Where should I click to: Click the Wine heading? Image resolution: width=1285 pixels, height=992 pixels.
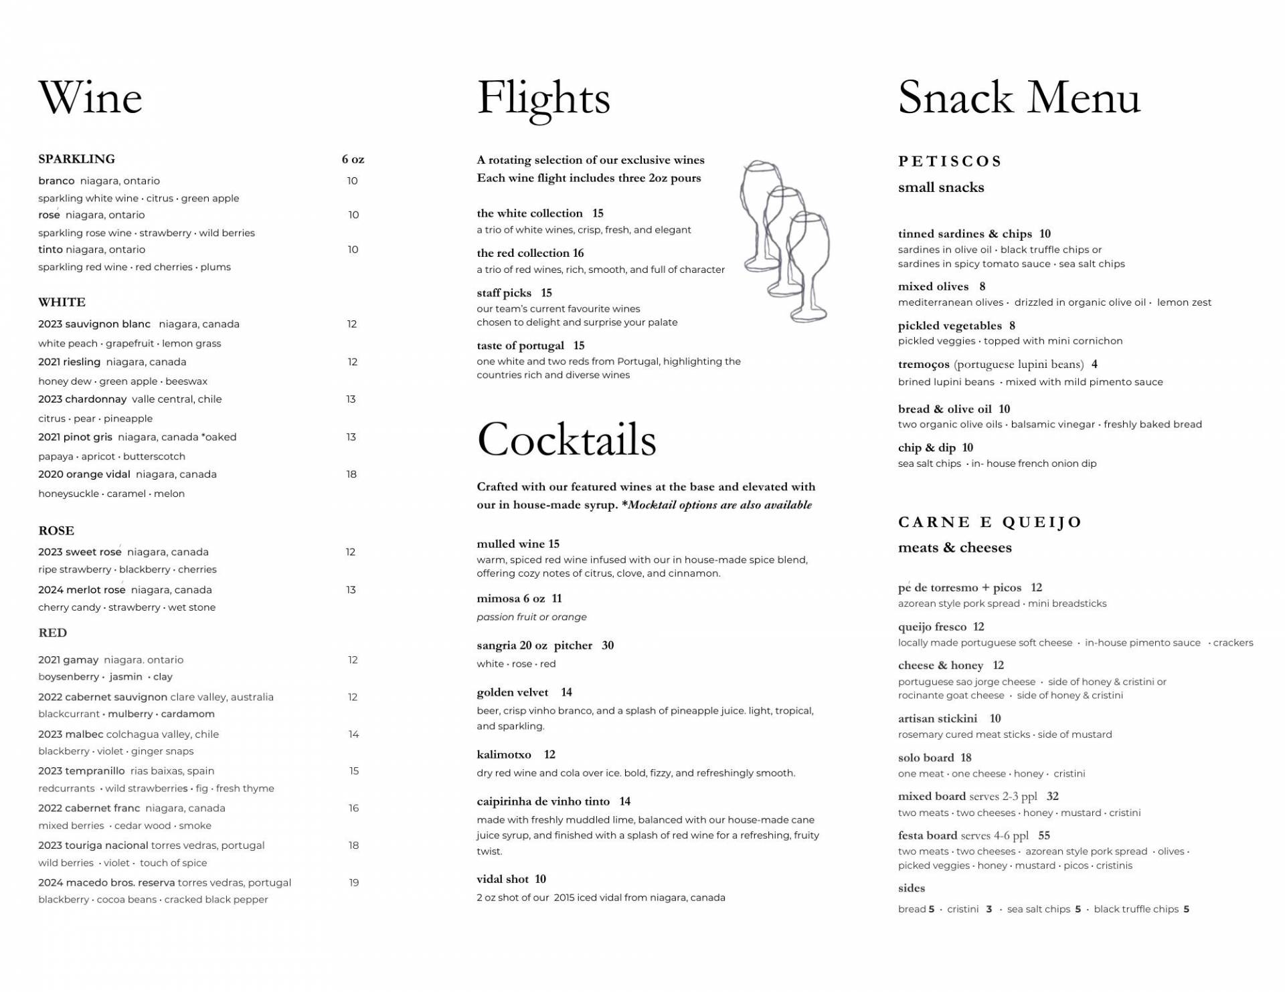tap(90, 98)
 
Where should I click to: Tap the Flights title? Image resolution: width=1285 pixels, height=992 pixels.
tap(543, 98)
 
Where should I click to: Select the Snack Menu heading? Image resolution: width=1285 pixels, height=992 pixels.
tap(1019, 98)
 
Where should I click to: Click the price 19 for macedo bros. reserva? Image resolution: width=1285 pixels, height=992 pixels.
tap(354, 883)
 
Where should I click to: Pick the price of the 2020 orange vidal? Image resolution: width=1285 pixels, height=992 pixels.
tap(351, 474)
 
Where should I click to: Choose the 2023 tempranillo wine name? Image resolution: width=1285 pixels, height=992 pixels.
tap(81, 771)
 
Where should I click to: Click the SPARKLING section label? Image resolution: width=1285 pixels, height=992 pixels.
tap(76, 159)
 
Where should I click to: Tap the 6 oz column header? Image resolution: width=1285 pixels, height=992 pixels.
tap(353, 159)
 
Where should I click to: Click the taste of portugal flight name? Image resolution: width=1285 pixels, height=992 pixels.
tap(520, 346)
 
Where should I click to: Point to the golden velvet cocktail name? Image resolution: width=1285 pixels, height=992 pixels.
tap(512, 692)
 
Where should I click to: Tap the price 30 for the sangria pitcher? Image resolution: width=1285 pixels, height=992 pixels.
tap(608, 646)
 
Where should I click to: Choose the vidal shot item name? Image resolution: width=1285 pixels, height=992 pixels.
tap(503, 879)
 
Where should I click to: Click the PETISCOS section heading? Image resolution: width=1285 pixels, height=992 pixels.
tap(950, 161)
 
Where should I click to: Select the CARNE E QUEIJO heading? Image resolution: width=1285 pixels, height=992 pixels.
tap(990, 522)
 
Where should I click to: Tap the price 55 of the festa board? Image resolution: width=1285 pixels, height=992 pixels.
tap(1044, 835)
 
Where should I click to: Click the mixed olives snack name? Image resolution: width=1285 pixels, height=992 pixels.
tap(933, 286)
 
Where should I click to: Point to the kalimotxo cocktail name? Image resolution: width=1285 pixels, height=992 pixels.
tap(504, 755)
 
